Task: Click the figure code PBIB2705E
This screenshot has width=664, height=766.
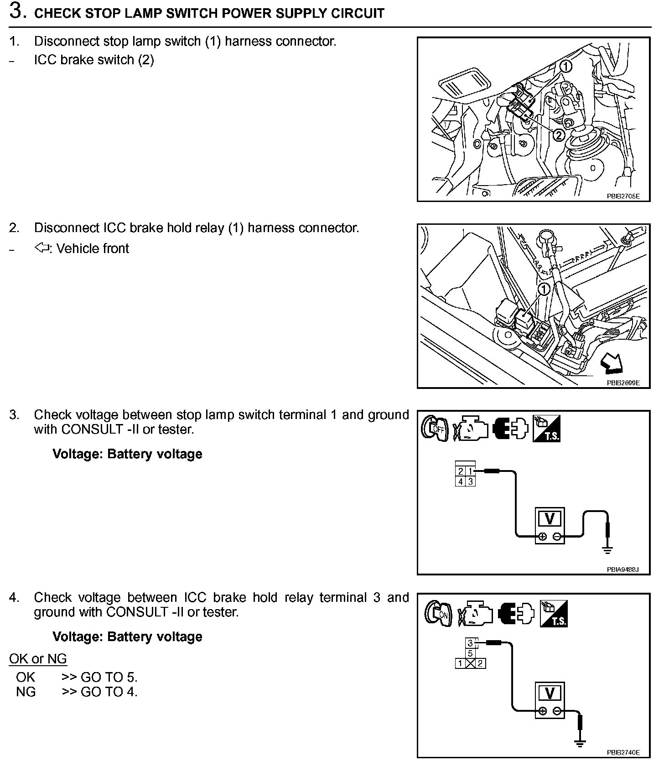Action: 622,197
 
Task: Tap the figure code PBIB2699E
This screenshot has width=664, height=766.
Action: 622,383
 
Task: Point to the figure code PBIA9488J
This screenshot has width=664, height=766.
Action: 622,569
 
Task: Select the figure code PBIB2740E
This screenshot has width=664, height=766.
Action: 623,753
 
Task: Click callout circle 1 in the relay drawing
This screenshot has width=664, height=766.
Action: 544,289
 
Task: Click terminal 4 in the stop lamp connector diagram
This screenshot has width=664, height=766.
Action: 461,481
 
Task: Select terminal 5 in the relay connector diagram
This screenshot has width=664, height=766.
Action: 470,653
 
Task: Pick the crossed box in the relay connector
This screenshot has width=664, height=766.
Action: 470,663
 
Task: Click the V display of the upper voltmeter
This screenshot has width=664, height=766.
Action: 550,519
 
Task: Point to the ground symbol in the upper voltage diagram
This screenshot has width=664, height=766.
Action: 607,551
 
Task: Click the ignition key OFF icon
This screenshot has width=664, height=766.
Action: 434,429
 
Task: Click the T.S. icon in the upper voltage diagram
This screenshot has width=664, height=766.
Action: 546,429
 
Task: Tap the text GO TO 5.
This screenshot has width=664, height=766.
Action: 109,677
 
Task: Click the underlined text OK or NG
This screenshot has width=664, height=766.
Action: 38,658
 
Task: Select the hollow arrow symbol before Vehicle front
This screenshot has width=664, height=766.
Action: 42,248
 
